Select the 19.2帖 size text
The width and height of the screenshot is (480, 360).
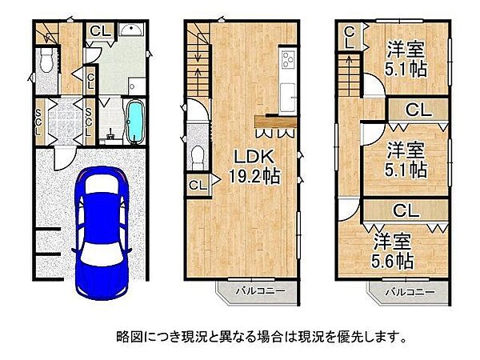tap(251, 178)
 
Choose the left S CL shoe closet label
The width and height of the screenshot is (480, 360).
tap(38, 120)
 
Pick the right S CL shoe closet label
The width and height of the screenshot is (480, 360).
tap(89, 120)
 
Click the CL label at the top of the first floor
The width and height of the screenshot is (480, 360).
tap(100, 31)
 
